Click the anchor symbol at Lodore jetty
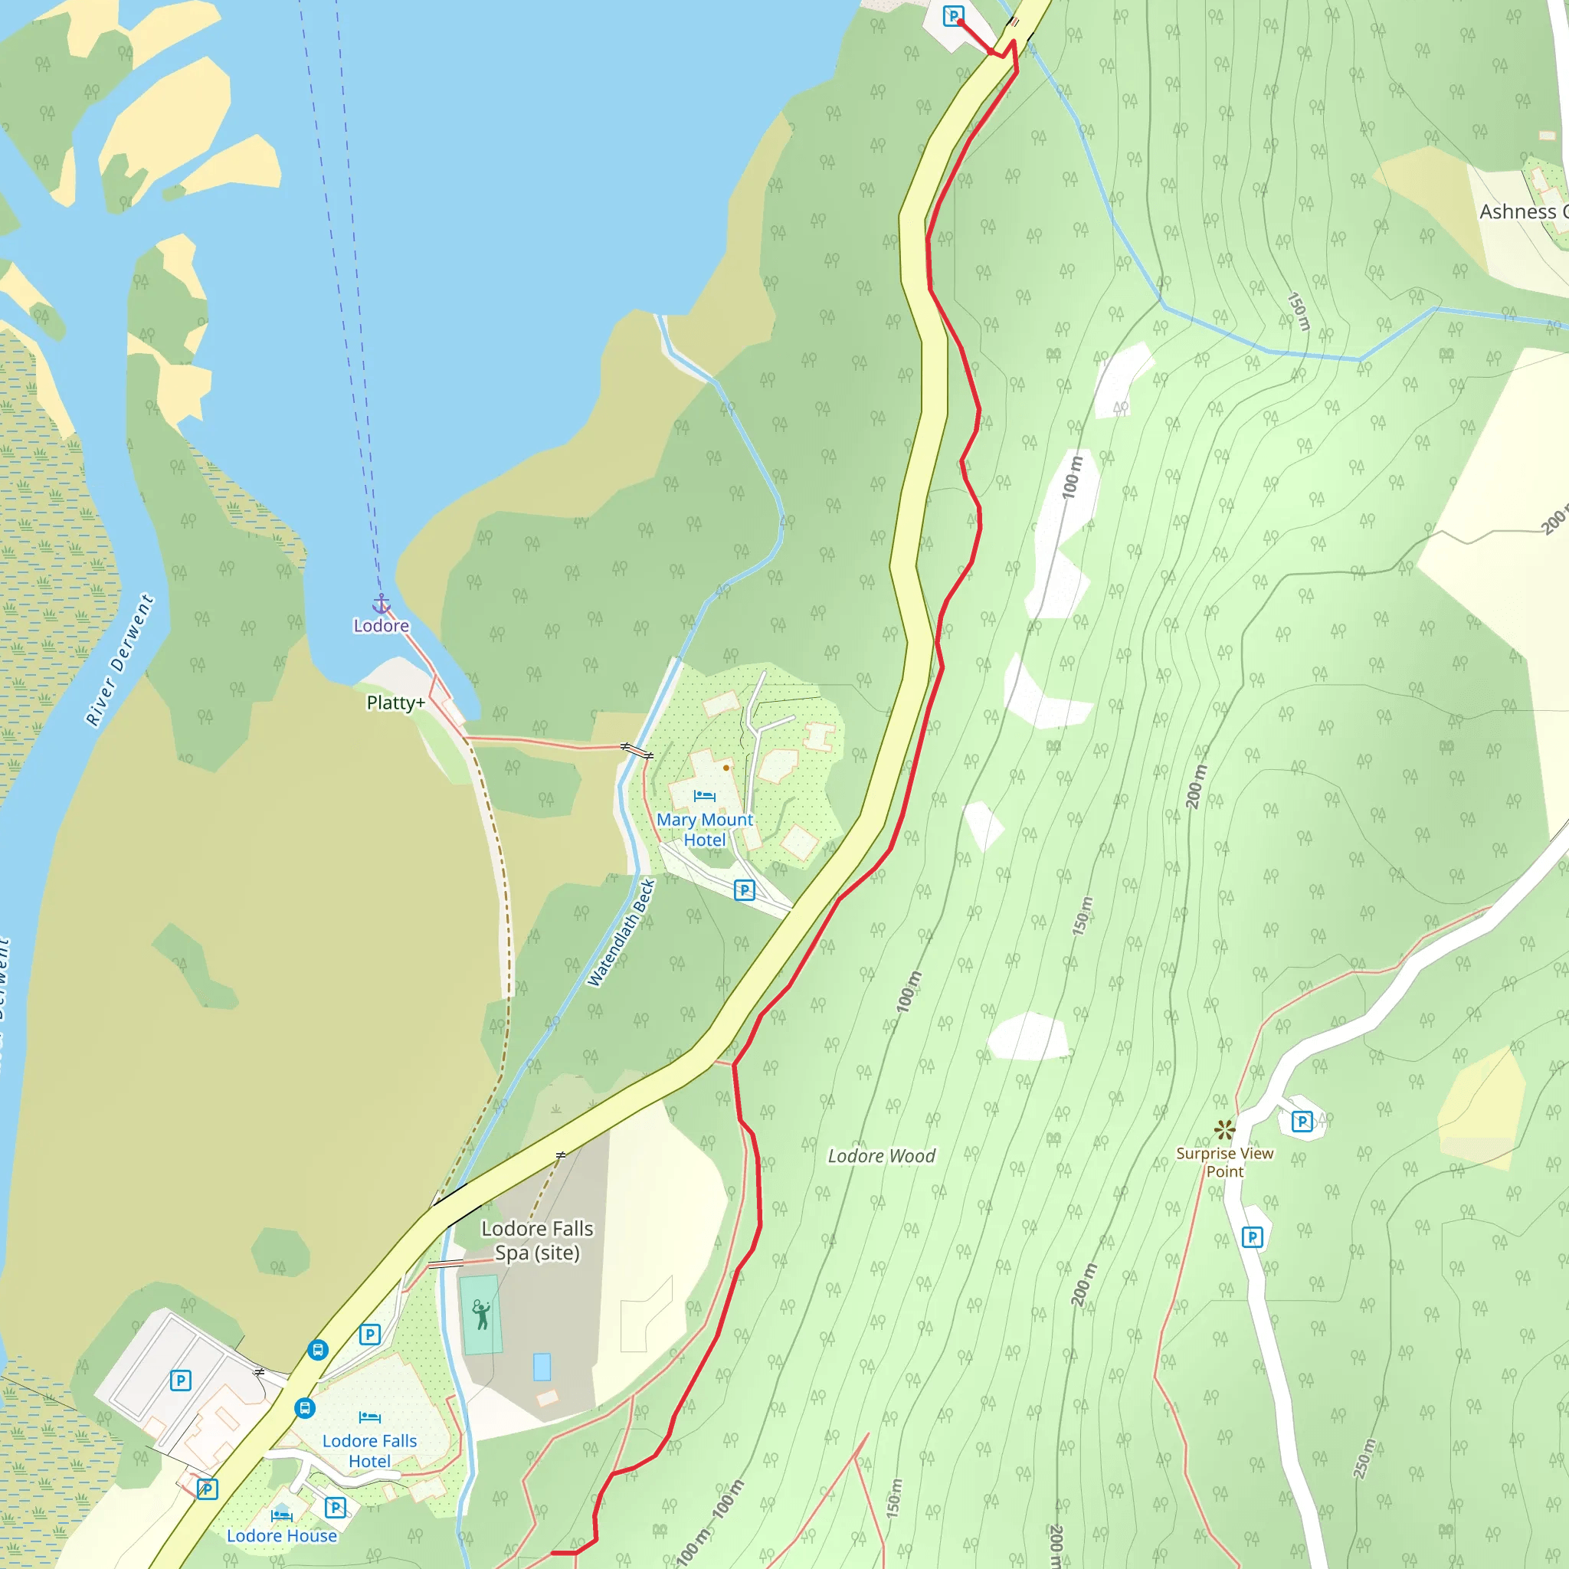coord(381,604)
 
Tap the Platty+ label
coord(395,703)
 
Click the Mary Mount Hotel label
coord(704,829)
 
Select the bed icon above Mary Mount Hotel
coord(704,796)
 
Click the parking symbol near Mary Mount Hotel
coord(744,889)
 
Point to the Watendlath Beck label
coord(621,932)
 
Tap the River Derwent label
coord(120,660)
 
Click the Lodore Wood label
coord(881,1155)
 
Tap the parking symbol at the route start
coord(952,15)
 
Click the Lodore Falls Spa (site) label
coord(537,1240)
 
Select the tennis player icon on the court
coord(481,1314)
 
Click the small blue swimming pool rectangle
coord(542,1367)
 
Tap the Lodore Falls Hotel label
coord(369,1450)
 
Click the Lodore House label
coord(281,1536)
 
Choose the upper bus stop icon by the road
coord(317,1350)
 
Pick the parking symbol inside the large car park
coord(180,1380)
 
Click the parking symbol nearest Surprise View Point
coord(1302,1122)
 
